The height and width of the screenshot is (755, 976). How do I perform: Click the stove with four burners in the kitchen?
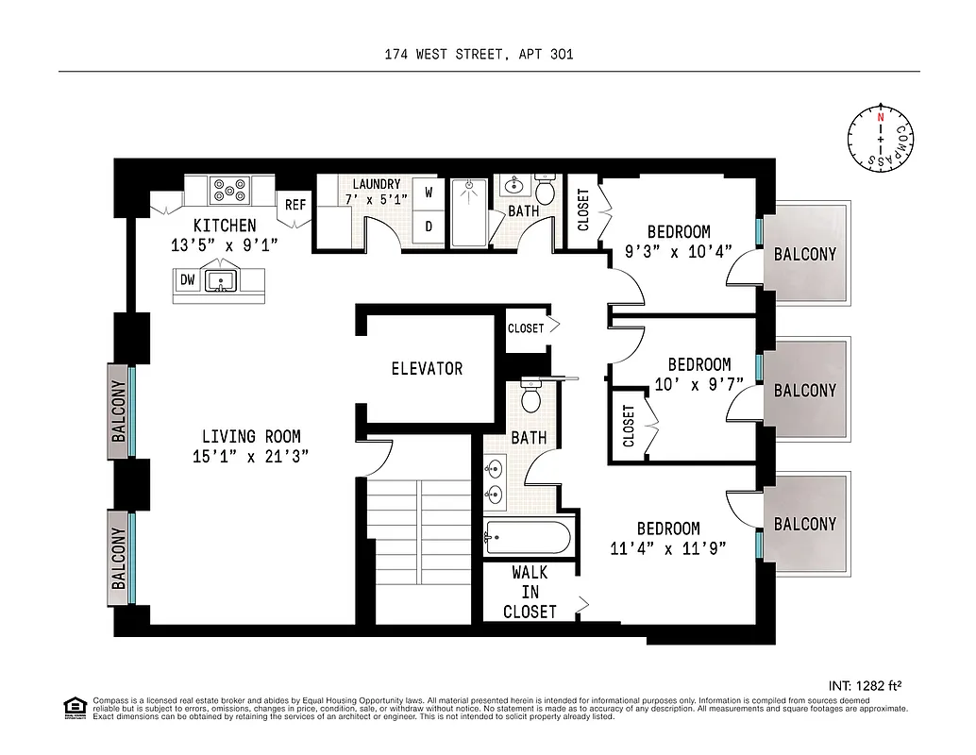(x=228, y=191)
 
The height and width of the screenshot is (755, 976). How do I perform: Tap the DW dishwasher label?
(x=187, y=280)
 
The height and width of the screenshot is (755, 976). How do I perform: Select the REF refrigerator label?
(x=295, y=204)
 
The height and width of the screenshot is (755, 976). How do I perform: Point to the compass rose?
(x=880, y=139)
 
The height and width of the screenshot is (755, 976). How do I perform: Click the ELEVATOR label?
(x=427, y=368)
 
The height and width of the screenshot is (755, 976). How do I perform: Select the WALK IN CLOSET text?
(x=529, y=592)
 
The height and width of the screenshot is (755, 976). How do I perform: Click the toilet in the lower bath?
(x=531, y=399)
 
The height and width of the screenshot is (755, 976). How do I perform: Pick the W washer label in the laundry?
(x=428, y=193)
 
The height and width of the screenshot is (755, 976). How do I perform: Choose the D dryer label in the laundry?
(x=428, y=226)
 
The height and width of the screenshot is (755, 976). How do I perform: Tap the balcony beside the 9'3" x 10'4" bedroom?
(x=804, y=254)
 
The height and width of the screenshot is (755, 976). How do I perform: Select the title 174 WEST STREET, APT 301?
(x=479, y=55)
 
